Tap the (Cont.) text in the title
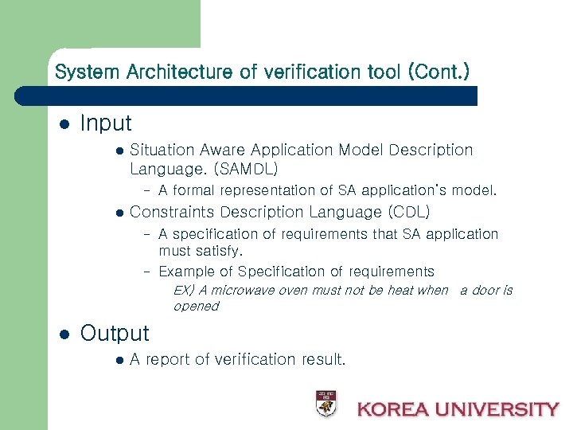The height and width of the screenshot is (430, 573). (439, 72)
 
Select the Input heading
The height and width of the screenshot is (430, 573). (106, 123)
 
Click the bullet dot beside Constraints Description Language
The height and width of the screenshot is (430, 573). (119, 213)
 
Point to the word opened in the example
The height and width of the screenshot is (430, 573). (196, 306)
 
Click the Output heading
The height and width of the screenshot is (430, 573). (115, 333)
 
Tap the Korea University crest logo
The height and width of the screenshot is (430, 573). (325, 404)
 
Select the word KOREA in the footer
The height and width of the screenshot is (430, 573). (393, 409)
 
